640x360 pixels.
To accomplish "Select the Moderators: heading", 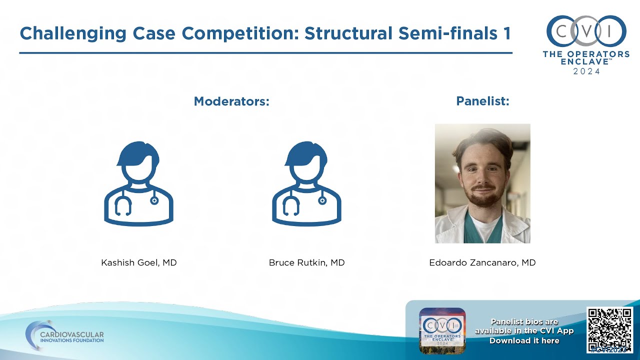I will click(231, 101).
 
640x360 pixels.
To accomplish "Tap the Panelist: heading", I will click(482, 101).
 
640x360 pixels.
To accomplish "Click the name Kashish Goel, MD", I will click(139, 262).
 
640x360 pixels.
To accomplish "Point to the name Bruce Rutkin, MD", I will click(306, 262).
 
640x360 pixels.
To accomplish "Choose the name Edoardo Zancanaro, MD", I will click(482, 262).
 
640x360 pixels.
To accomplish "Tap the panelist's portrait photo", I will click(482, 183).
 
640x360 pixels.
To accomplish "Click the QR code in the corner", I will click(609, 330).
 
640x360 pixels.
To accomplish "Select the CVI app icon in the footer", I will click(442, 330).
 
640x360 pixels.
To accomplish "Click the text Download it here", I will click(524, 340).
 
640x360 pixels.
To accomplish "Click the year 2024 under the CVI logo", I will click(586, 71).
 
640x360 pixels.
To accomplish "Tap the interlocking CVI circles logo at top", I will click(586, 31).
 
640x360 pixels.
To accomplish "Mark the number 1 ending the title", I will click(506, 33).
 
